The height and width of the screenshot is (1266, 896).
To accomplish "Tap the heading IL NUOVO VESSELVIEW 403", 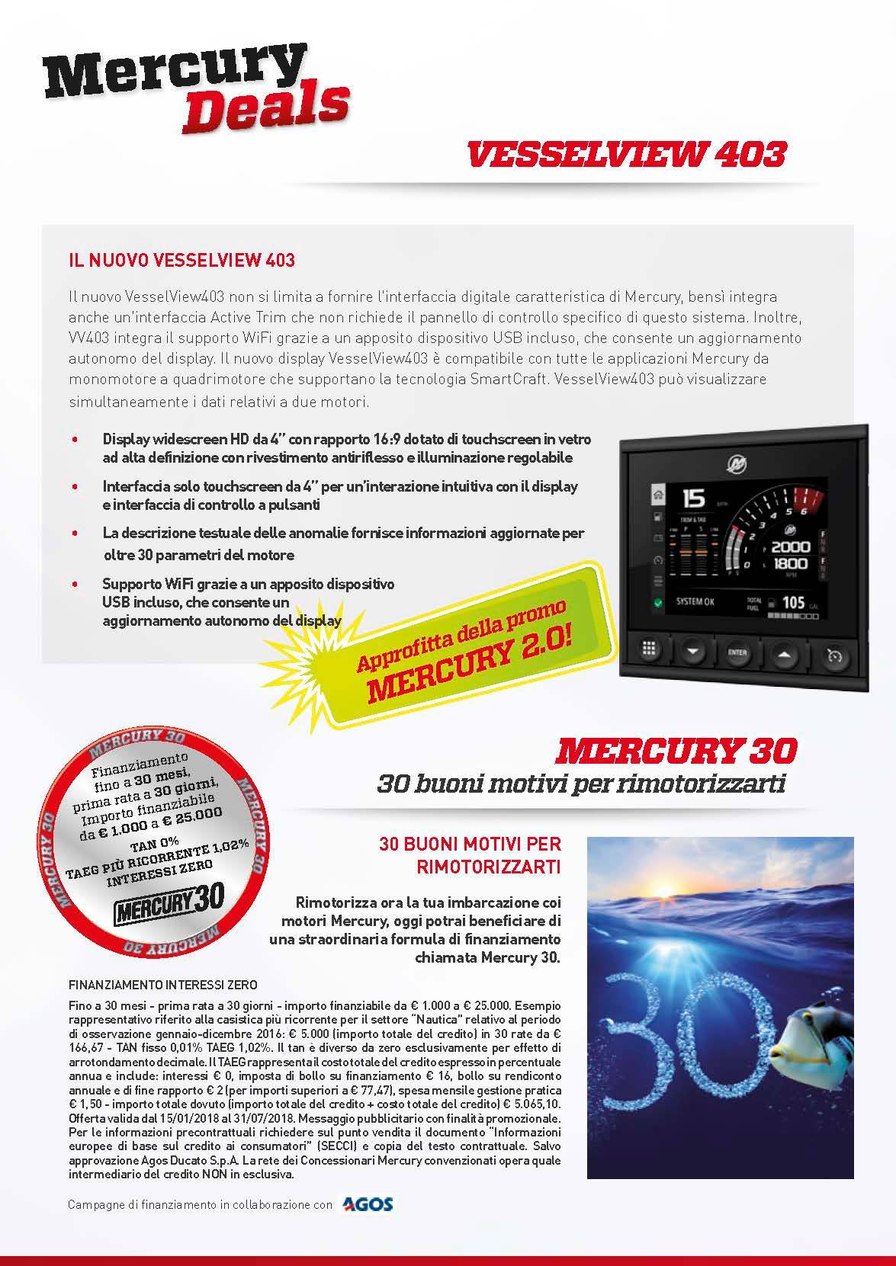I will point(181,261).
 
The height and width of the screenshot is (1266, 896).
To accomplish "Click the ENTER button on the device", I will point(737,652).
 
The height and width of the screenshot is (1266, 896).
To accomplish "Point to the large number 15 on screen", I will point(693,500).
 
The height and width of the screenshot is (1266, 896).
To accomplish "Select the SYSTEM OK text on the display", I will point(695,602).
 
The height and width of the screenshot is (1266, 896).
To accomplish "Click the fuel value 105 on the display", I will point(794,602).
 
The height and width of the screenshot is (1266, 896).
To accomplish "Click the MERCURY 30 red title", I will point(676,751).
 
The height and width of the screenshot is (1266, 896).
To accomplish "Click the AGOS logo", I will point(368,1204).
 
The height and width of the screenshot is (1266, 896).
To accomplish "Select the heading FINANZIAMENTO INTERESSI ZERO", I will point(162,984).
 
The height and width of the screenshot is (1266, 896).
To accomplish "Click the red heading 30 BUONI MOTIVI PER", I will point(470,845).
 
